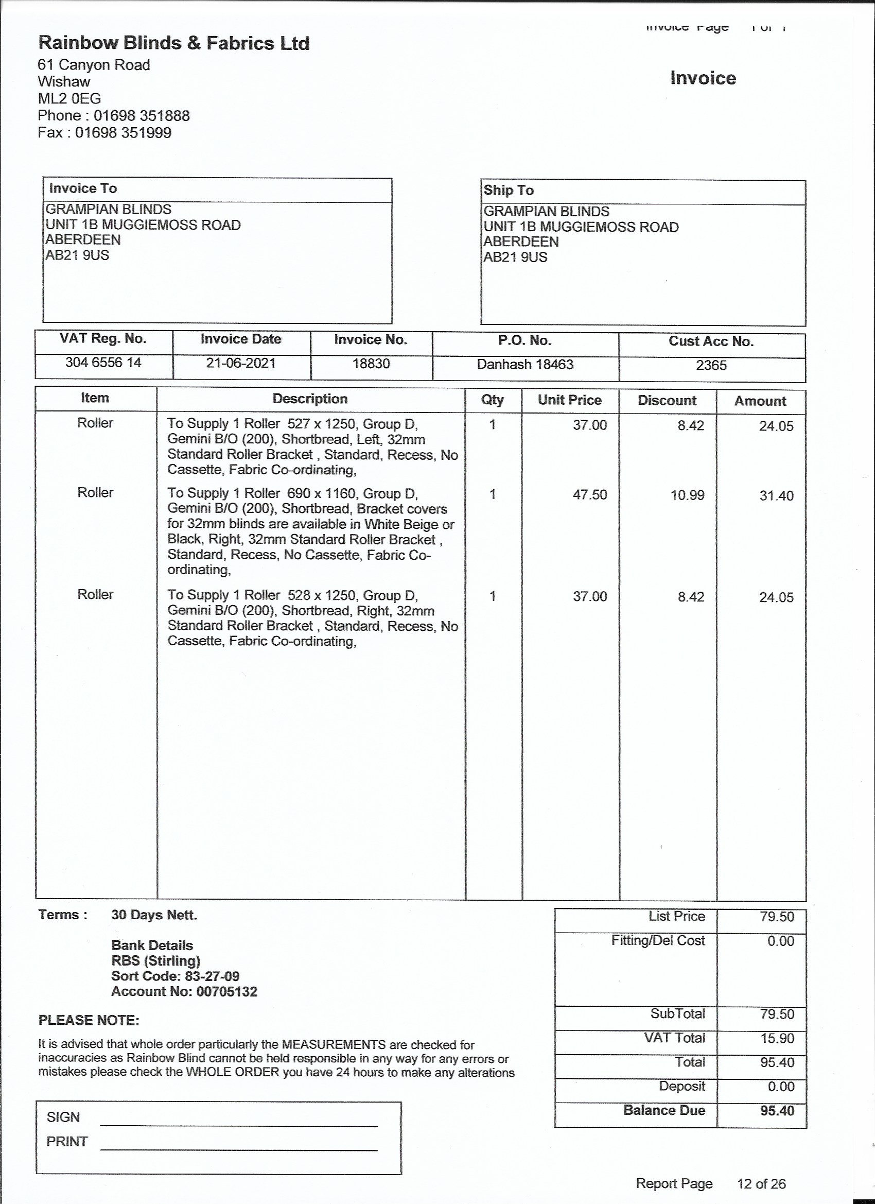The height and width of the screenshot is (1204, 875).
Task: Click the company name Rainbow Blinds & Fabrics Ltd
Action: tap(173, 43)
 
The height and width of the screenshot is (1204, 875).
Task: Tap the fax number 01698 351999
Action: tap(123, 133)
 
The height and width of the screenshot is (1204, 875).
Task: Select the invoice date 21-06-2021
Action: tap(241, 363)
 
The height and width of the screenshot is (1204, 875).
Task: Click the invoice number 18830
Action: tap(371, 364)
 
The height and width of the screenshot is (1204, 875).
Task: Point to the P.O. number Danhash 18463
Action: tap(525, 364)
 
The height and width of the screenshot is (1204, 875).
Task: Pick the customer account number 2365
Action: tap(711, 365)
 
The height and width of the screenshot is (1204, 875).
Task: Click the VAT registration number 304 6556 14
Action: tap(103, 363)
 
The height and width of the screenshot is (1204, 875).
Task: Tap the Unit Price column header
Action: tap(569, 400)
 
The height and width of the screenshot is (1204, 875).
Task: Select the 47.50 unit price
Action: tap(589, 495)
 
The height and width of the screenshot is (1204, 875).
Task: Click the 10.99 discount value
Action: tap(687, 495)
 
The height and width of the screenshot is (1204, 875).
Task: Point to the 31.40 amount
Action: tap(776, 496)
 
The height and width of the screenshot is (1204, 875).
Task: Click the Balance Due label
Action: tap(664, 1110)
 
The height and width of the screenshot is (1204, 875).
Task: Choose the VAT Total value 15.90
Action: tap(777, 1038)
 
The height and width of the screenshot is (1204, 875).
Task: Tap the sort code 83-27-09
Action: tap(212, 976)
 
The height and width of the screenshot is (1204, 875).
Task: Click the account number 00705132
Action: tap(226, 992)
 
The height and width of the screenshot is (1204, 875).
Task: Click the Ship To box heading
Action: tap(509, 190)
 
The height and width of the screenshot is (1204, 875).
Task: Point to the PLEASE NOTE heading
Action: tap(89, 1020)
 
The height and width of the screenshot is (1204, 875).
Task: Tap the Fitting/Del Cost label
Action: tap(657, 941)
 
